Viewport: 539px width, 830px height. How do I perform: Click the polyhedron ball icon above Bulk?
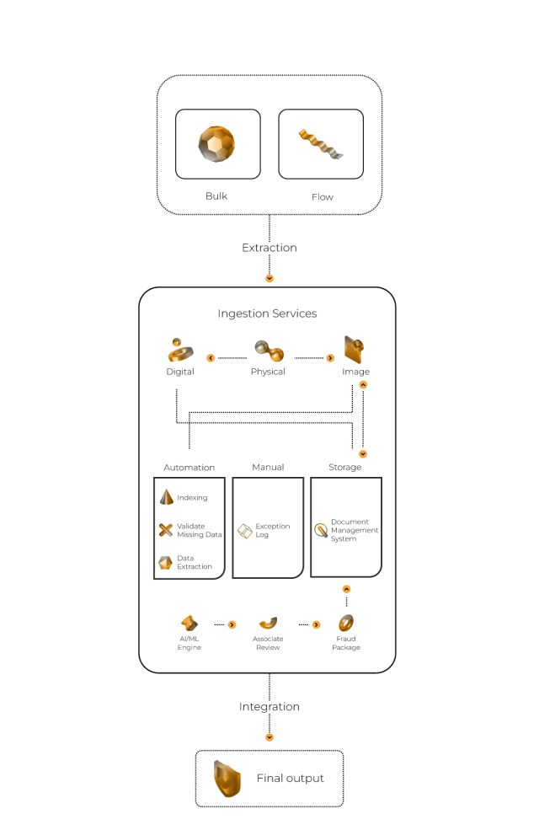click(217, 143)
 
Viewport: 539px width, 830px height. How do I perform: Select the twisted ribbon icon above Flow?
click(320, 144)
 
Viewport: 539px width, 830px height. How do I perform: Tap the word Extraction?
click(269, 248)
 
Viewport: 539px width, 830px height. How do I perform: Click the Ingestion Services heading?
click(267, 313)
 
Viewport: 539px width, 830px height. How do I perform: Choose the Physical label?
click(268, 372)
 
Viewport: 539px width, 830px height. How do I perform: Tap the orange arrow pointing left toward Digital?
click(211, 358)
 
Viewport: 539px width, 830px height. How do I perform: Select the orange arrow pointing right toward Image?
click(329, 358)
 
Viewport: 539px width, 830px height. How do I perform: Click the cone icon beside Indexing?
click(166, 497)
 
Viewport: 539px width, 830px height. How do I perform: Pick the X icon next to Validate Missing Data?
click(166, 530)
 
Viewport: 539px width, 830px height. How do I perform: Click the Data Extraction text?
click(195, 562)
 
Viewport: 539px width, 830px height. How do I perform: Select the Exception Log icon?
click(244, 531)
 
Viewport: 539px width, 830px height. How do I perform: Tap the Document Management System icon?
click(321, 530)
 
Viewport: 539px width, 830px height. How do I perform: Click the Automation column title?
click(189, 467)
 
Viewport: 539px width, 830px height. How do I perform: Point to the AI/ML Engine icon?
click(189, 624)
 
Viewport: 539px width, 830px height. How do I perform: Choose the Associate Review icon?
click(268, 624)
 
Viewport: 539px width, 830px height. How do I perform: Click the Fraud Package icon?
click(345, 624)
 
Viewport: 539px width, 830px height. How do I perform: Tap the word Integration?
click(269, 706)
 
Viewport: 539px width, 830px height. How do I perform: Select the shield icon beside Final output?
click(226, 778)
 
